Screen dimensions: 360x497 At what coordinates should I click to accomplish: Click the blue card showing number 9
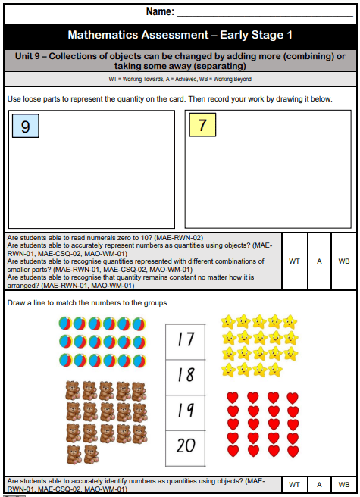point(25,127)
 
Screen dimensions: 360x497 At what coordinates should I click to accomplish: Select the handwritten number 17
point(186,339)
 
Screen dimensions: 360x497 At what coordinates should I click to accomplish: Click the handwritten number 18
point(186,374)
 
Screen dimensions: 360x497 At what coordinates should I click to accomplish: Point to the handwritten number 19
point(186,410)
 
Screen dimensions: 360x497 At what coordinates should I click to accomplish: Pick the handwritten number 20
point(186,445)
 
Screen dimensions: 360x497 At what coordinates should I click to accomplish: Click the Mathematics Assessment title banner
point(180,35)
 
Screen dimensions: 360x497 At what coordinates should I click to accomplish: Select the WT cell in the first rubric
point(294,261)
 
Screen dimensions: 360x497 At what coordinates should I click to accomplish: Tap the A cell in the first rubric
point(320,261)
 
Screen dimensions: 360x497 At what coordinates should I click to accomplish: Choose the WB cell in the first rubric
point(344,261)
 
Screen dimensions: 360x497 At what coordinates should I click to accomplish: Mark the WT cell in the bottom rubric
point(294,485)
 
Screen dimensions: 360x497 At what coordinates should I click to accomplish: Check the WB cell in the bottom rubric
point(344,485)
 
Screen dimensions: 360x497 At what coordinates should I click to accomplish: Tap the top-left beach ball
point(66,324)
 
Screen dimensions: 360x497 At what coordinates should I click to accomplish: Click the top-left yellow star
point(227,322)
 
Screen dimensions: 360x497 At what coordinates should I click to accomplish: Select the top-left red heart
point(234,397)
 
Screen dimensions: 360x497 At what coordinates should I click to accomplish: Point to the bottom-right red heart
point(292,451)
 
